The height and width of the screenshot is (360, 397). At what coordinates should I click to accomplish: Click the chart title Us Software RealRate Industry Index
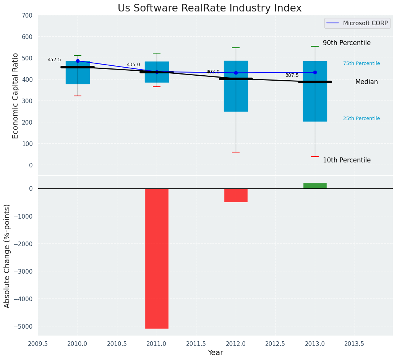pyautogui.click(x=209, y=8)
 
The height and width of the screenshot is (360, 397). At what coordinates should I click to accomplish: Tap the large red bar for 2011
pyautogui.click(x=157, y=258)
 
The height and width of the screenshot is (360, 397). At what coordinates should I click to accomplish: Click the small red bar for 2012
pyautogui.click(x=236, y=195)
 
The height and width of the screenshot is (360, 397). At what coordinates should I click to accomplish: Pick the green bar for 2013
pyautogui.click(x=315, y=186)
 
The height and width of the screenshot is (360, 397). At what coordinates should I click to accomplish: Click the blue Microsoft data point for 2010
pyautogui.click(x=78, y=61)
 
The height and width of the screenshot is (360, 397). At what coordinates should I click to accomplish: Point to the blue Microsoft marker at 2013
pyautogui.click(x=315, y=72)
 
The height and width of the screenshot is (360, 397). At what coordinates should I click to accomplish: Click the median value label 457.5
pyautogui.click(x=54, y=60)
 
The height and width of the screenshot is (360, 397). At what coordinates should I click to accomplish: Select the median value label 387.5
pyautogui.click(x=292, y=76)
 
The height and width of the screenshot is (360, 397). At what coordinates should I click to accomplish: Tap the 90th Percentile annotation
pyautogui.click(x=347, y=43)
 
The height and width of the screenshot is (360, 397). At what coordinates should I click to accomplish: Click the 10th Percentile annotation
pyautogui.click(x=347, y=161)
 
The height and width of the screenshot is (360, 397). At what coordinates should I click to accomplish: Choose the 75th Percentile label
pyautogui.click(x=361, y=63)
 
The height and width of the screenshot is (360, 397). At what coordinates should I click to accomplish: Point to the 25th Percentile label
pyautogui.click(x=361, y=118)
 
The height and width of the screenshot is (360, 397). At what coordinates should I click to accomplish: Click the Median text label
pyautogui.click(x=366, y=82)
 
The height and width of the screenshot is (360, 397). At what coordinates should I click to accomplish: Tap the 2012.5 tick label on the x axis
pyautogui.click(x=275, y=344)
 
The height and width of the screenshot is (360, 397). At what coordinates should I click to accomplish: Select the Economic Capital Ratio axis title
pyautogui.click(x=16, y=96)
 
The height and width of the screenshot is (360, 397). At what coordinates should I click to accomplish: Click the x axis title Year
pyautogui.click(x=216, y=353)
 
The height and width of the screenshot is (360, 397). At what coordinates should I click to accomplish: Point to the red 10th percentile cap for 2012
pyautogui.click(x=236, y=152)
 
